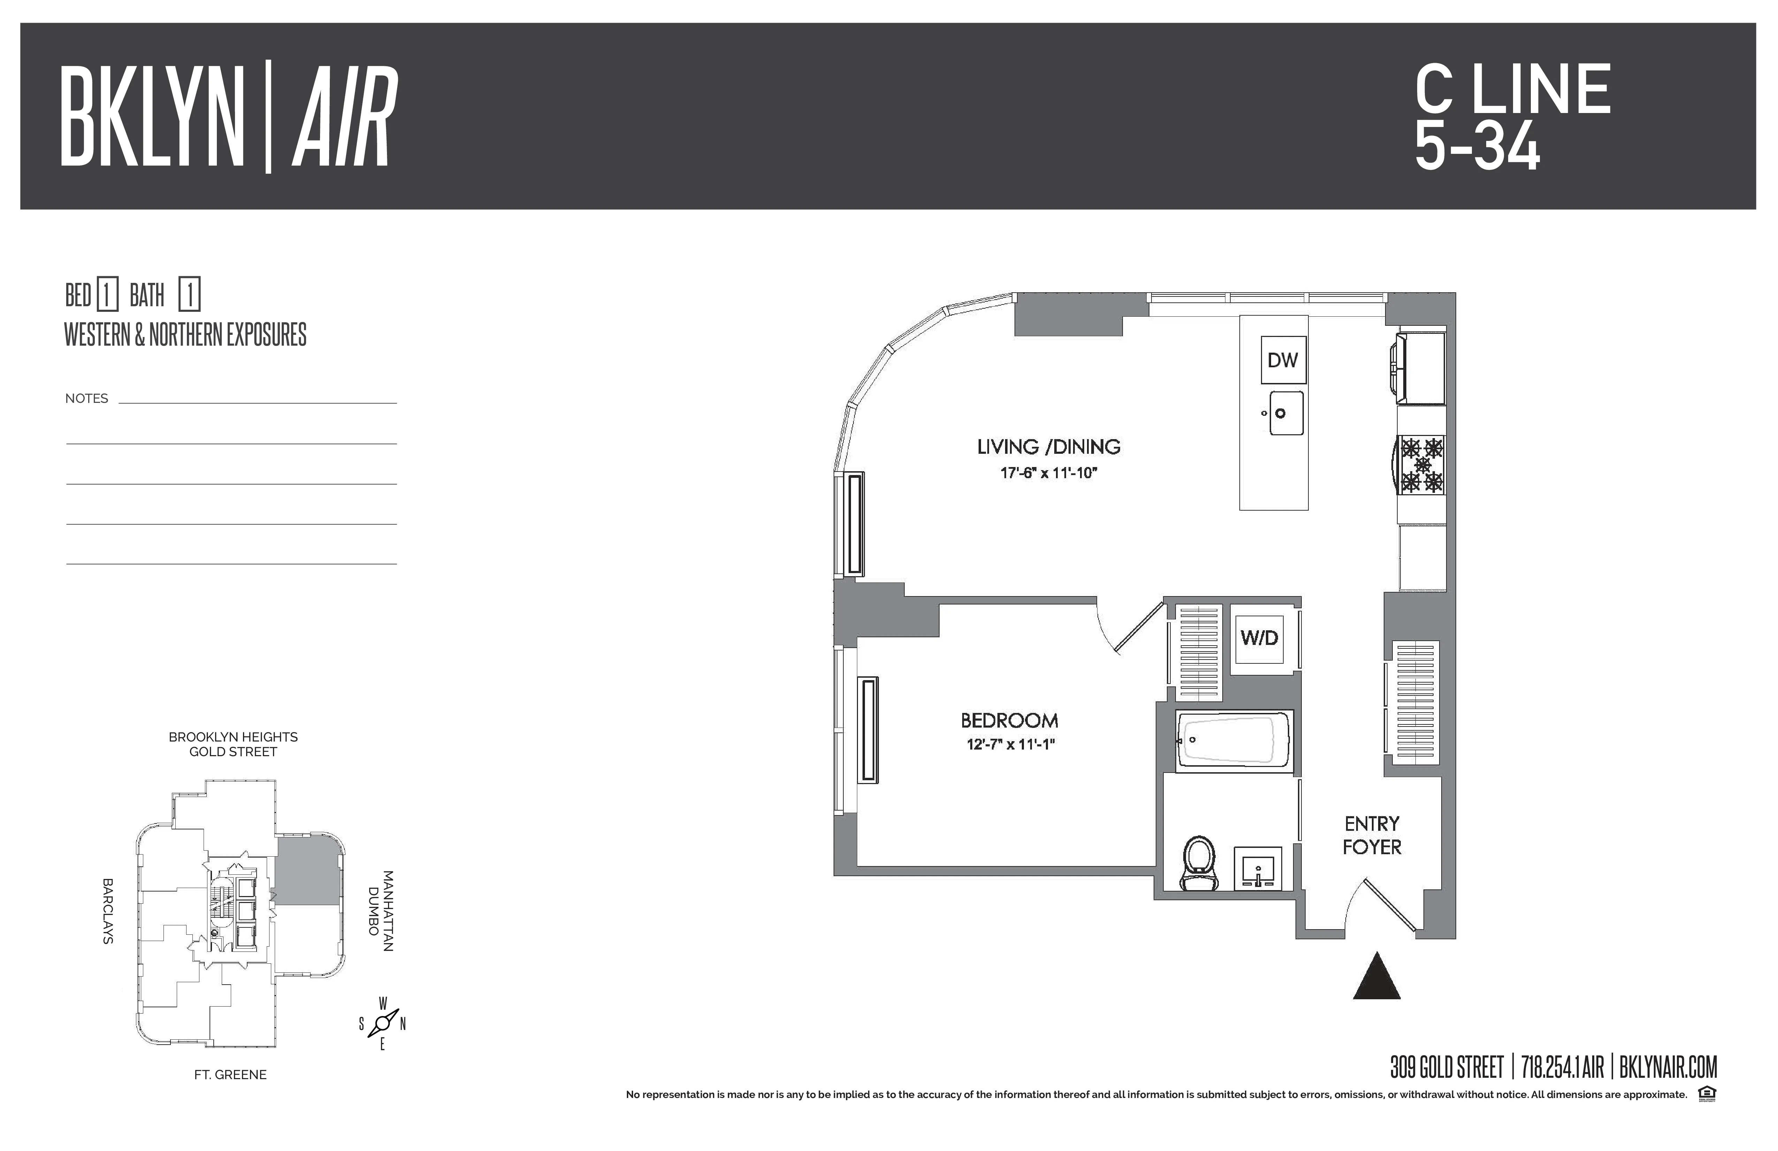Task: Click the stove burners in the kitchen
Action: tap(1422, 465)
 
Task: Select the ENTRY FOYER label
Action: tap(1372, 836)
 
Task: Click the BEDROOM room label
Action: tap(1009, 721)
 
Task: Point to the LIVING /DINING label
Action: tap(1049, 447)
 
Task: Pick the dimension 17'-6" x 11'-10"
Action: tap(1049, 473)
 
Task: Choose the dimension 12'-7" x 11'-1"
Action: tap(1009, 744)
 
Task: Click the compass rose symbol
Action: tap(382, 1023)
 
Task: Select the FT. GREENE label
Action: tap(230, 1075)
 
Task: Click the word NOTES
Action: tap(87, 398)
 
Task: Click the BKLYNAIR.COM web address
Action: tap(1668, 1067)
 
